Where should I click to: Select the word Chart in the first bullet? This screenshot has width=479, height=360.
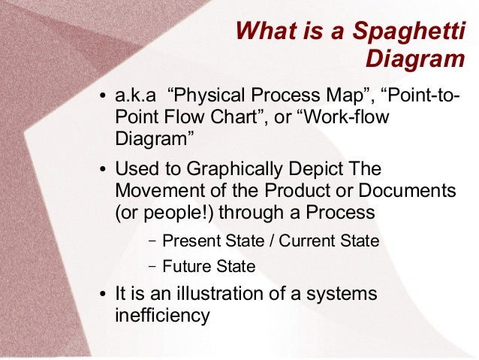(x=223, y=118)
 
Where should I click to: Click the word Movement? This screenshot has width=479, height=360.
(x=156, y=190)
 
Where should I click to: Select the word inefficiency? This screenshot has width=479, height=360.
(x=162, y=314)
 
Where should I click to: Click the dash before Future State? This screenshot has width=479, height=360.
(x=152, y=266)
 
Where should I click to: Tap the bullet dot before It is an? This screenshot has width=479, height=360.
(x=104, y=294)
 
